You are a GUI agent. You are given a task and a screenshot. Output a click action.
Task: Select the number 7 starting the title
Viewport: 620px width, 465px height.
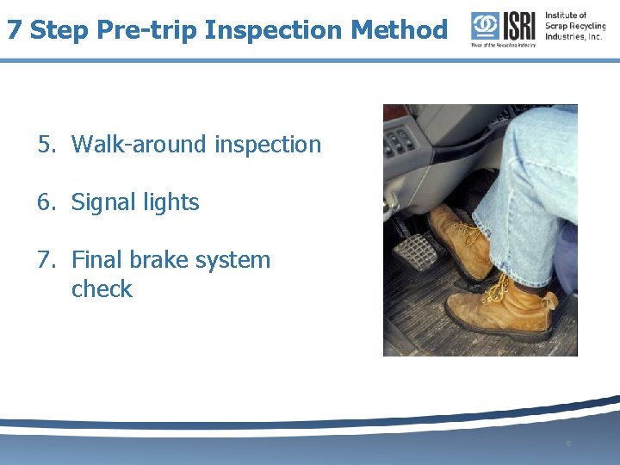14,30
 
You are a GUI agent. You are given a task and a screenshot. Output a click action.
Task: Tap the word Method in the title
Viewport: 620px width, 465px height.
400,30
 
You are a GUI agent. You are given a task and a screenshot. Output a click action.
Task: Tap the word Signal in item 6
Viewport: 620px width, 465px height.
103,202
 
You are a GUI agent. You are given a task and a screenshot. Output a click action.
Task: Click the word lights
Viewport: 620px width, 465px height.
170,202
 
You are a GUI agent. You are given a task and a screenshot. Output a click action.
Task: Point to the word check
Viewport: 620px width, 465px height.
102,289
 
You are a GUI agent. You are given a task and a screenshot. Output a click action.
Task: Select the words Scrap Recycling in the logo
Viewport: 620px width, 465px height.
575,26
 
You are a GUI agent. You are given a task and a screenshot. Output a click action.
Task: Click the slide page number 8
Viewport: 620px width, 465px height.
568,443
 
